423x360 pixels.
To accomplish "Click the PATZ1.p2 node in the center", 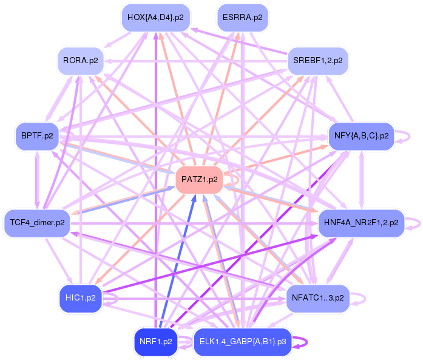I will click(200, 180).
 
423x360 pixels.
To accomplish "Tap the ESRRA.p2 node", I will click(243, 17).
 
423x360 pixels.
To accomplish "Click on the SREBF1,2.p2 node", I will click(317, 61).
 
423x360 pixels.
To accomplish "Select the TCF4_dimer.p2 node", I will click(37, 223).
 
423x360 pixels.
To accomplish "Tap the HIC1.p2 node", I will click(80, 298).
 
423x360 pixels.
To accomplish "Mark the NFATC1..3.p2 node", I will click(317, 297).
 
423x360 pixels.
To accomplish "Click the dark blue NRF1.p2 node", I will click(156, 341).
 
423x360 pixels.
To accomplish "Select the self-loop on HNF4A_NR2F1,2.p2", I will click(415, 223).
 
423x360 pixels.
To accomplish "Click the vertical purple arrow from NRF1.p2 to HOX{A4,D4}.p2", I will click(155, 182).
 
